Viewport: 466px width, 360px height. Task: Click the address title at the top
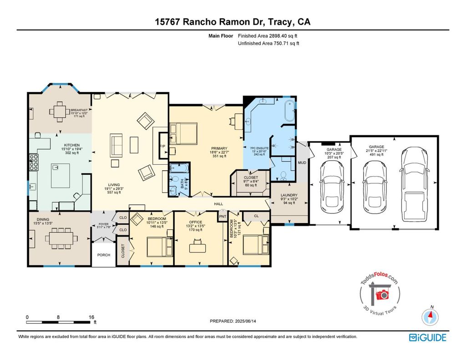233,22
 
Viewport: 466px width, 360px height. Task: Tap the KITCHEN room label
72,145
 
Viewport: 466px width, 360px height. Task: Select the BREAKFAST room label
79,110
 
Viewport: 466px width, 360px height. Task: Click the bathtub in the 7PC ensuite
289,111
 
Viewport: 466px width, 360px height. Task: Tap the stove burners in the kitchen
34,162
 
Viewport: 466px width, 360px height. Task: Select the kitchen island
61,176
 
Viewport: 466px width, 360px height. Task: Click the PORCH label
104,255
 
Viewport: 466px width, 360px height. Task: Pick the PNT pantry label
223,217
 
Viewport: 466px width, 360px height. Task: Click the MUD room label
302,162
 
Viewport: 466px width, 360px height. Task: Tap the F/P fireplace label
162,146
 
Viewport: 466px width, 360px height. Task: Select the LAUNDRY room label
289,195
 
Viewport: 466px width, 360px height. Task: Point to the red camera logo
382,294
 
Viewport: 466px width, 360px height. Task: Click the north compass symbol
430,317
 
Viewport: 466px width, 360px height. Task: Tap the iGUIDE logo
428,338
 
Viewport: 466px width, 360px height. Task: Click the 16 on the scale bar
91,317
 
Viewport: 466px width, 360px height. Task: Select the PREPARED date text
233,321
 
